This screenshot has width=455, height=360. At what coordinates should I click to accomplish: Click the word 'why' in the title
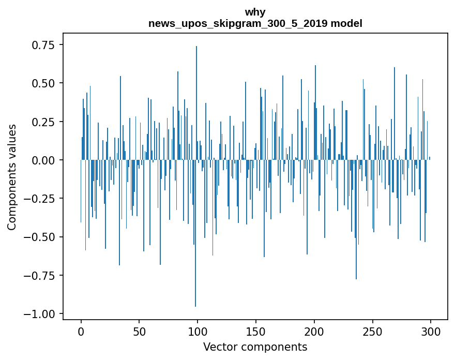(x=255, y=12)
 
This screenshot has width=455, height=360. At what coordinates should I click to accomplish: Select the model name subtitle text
(x=255, y=24)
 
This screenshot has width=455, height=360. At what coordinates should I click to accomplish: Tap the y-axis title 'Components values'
(x=12, y=176)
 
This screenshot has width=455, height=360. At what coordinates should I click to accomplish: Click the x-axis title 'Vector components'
(x=255, y=347)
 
